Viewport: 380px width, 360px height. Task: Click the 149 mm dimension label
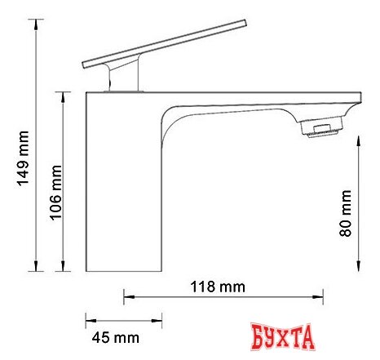[x=23, y=158]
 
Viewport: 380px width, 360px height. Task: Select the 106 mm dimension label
[x=55, y=193]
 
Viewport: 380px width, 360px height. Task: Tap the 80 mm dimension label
[x=346, y=213]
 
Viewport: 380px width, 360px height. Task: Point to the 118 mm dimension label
[x=218, y=287]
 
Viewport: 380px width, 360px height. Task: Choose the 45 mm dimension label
[x=116, y=338]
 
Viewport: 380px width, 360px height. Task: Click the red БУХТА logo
[x=283, y=337]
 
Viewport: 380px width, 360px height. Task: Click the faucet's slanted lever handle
[x=165, y=44]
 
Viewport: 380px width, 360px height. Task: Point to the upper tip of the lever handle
[x=245, y=23]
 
